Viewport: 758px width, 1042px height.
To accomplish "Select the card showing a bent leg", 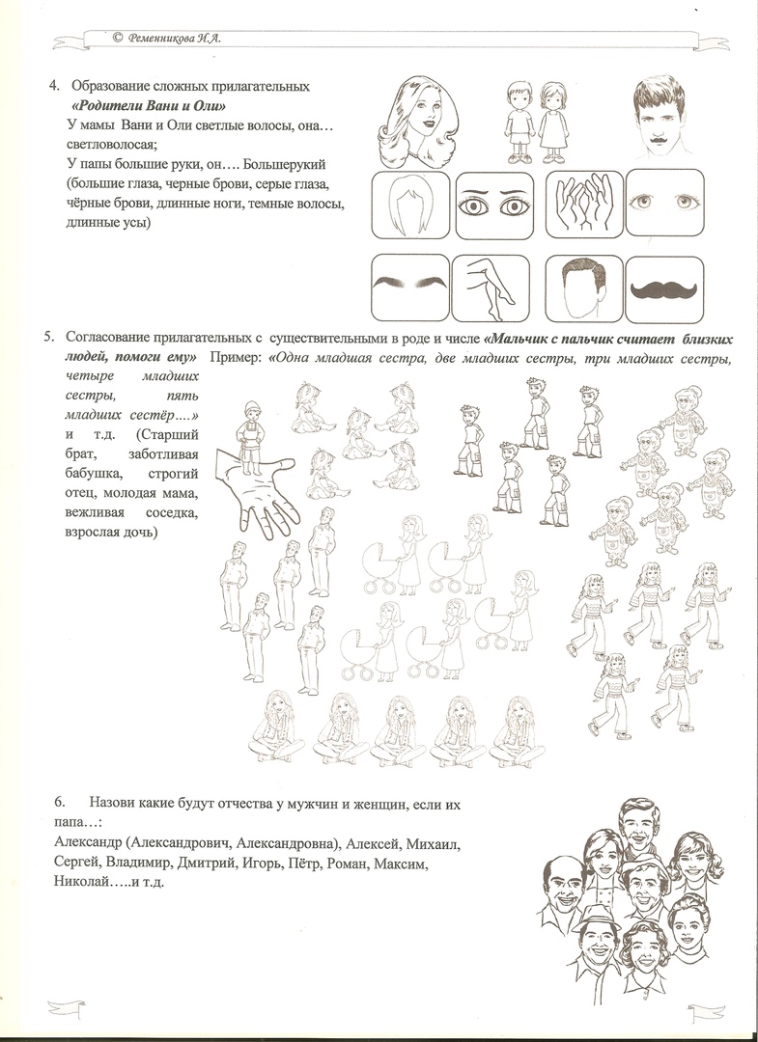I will (492, 287).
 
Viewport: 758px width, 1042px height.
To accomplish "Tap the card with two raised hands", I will (583, 205).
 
